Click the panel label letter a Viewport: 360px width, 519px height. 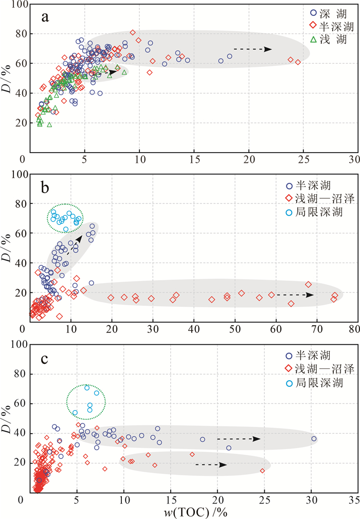coord(46,18)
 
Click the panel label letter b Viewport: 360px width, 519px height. coord(46,187)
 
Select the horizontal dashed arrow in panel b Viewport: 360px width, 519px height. coord(295,295)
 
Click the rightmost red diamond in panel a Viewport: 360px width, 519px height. coord(298,62)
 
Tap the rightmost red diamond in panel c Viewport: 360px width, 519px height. coord(262,471)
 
